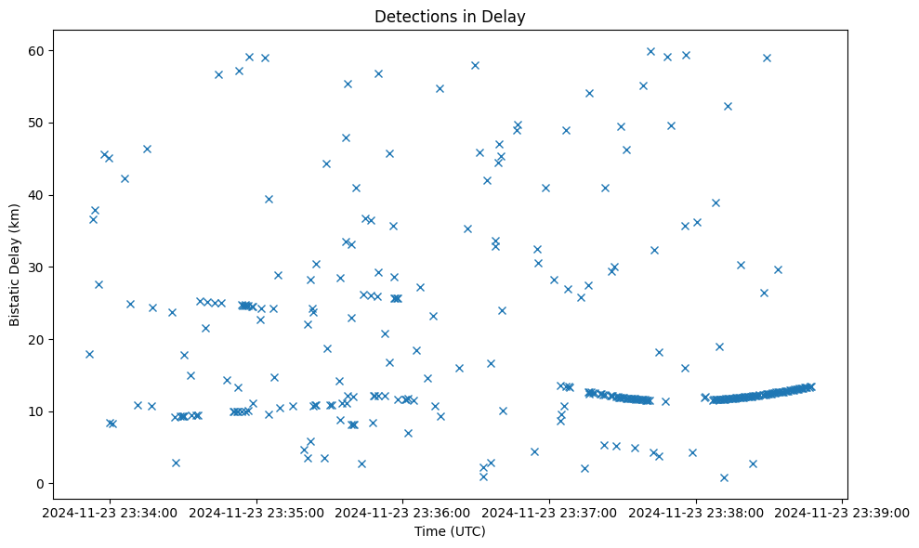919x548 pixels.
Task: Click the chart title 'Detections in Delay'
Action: pyautogui.click(x=450, y=16)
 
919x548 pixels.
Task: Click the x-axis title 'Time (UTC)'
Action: pyautogui.click(x=450, y=531)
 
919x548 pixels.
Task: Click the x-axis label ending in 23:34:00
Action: pyautogui.click(x=110, y=511)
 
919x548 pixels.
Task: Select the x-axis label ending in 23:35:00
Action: pyautogui.click(x=256, y=511)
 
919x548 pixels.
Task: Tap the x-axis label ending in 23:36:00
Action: pyautogui.click(x=403, y=511)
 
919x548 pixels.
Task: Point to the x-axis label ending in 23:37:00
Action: pyautogui.click(x=550, y=511)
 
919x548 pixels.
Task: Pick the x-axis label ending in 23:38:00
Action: pyautogui.click(x=697, y=511)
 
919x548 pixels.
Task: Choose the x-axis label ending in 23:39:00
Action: pyautogui.click(x=843, y=511)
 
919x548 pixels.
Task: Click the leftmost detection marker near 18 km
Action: pyautogui.click(x=89, y=354)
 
